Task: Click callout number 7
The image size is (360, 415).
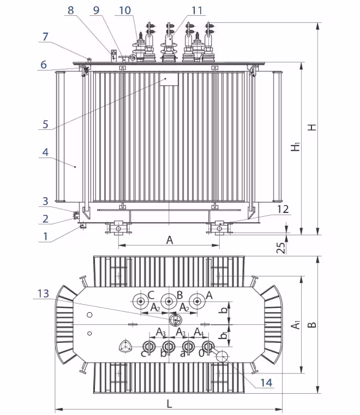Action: (x=45, y=37)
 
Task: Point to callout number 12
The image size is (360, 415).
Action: (x=284, y=209)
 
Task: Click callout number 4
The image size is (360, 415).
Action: (x=45, y=152)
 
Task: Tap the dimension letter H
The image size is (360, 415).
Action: (x=311, y=127)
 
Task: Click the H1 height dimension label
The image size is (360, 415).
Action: (x=295, y=146)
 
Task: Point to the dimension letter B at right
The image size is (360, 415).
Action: (x=312, y=324)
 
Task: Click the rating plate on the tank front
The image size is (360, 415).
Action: (x=170, y=80)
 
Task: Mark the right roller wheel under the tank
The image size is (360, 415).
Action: (x=219, y=228)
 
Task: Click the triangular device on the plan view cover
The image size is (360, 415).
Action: (x=126, y=346)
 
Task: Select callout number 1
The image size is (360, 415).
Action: (x=45, y=236)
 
